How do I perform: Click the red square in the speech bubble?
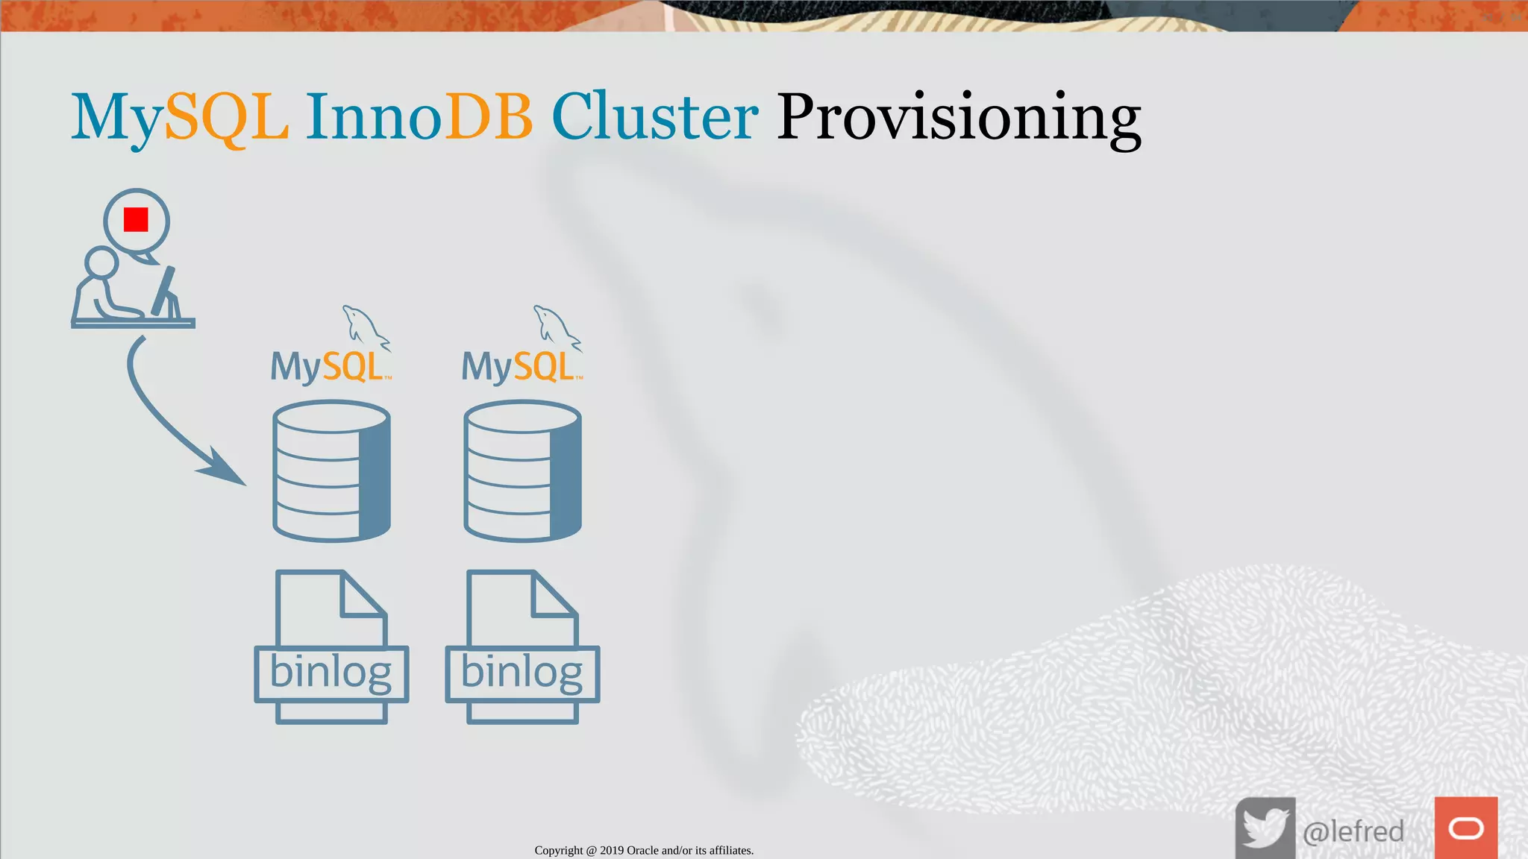[136, 220]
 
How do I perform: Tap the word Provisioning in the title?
[959, 118]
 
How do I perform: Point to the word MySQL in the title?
[180, 118]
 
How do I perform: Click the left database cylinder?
[331, 471]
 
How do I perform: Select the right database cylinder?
[522, 471]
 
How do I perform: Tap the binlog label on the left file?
[331, 673]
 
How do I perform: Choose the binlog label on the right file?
[522, 673]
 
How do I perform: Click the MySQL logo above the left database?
[328, 366]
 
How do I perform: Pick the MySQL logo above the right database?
[519, 366]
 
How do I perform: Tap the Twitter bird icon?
[1265, 828]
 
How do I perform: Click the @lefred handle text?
[1353, 831]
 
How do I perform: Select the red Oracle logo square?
[1465, 828]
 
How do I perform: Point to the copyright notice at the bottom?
[644, 850]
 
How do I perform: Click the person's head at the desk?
[101, 262]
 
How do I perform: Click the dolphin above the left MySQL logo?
[363, 326]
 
